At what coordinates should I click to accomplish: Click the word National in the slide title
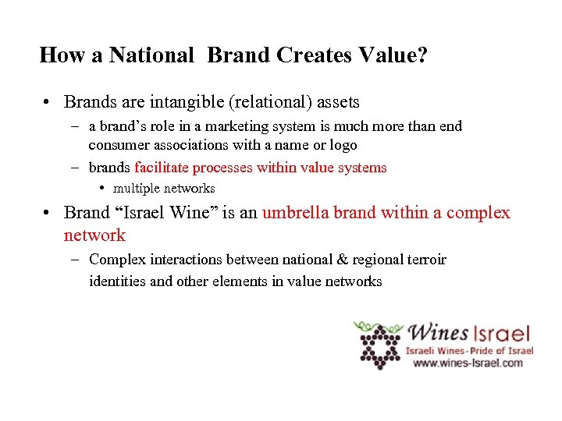pyautogui.click(x=151, y=55)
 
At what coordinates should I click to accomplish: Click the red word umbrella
pyautogui.click(x=295, y=213)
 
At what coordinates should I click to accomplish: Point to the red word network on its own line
pyautogui.click(x=94, y=235)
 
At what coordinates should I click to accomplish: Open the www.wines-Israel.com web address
pyautogui.click(x=468, y=363)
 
